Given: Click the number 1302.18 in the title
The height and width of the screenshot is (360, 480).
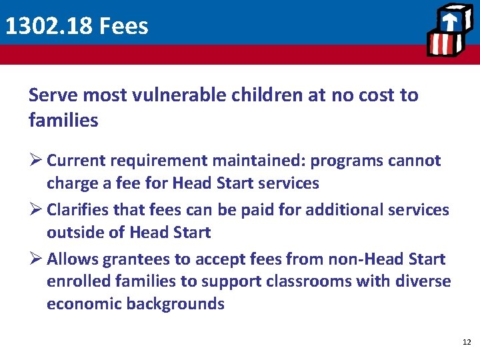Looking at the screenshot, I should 48,26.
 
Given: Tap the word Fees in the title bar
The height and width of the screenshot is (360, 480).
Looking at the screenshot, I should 123,26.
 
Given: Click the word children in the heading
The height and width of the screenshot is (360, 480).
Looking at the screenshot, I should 267,95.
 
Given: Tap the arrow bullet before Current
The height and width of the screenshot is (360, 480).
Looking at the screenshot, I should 35,161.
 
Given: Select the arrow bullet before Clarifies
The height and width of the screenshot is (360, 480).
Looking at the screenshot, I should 35,210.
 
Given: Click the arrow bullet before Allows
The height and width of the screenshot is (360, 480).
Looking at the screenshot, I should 35,259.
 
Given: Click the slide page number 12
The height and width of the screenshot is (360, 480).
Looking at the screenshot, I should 466,342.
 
